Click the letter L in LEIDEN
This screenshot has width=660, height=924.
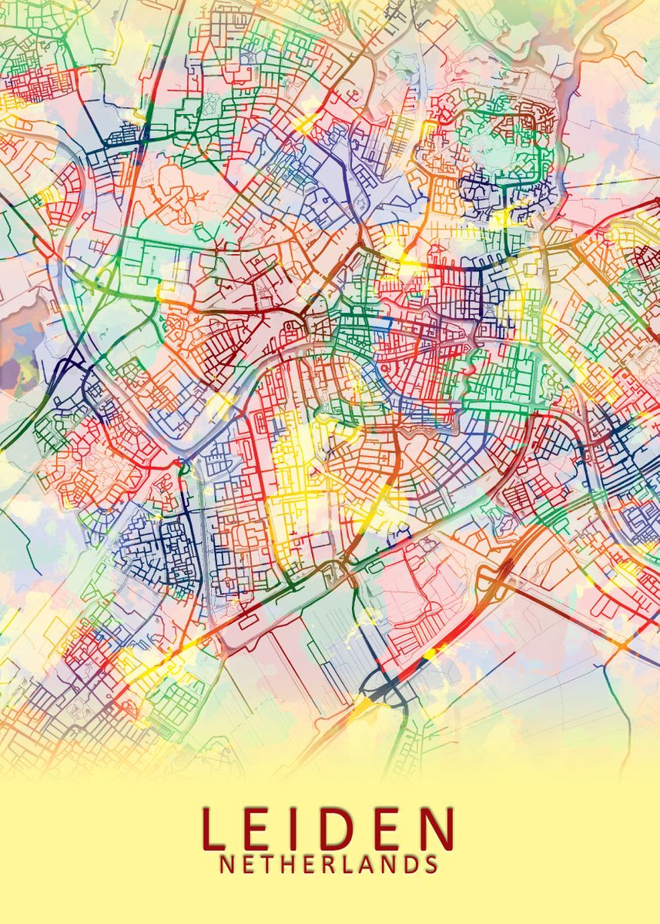215,827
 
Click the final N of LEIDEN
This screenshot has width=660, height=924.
439,827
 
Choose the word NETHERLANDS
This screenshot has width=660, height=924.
330,865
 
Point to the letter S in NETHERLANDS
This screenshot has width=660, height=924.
433,865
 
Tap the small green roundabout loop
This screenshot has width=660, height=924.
183,464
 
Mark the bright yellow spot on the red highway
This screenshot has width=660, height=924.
430,652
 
